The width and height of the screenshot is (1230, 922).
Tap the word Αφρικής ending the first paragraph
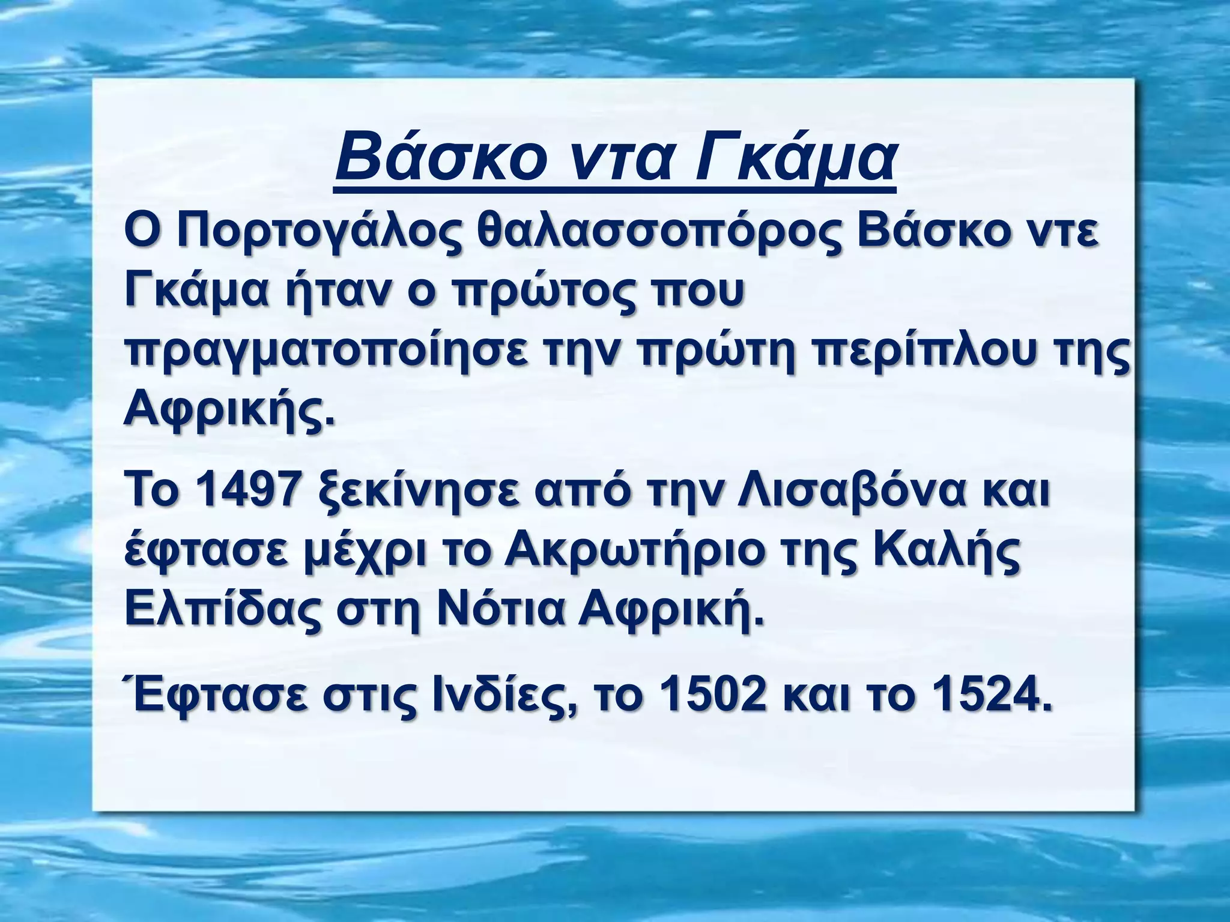pos(228,411)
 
